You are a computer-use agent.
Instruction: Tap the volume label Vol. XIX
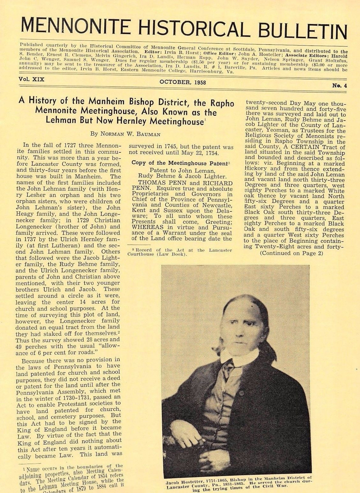click(x=32, y=79)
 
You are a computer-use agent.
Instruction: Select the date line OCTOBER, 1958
click(x=183, y=82)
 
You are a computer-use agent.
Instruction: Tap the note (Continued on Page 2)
click(x=291, y=253)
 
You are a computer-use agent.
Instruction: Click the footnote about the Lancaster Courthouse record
click(x=180, y=252)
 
